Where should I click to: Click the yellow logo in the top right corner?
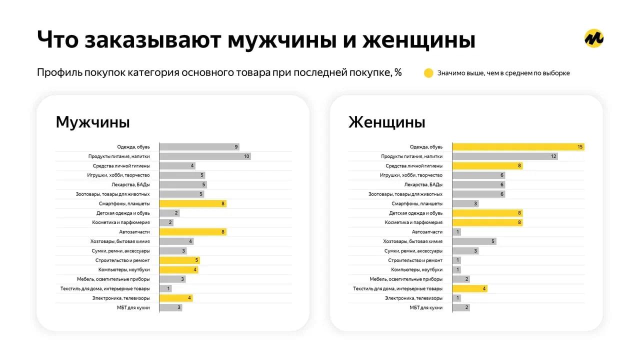(x=594, y=38)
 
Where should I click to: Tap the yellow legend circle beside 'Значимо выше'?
(x=428, y=73)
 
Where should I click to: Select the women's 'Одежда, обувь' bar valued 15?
(x=518, y=147)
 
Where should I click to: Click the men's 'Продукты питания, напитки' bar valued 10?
(x=205, y=156)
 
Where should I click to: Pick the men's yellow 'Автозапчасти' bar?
(x=192, y=232)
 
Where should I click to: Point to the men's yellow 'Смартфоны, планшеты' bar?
(x=192, y=203)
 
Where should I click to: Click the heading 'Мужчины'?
(x=92, y=122)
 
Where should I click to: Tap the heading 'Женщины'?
(x=387, y=122)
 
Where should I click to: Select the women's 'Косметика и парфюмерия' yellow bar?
(x=487, y=222)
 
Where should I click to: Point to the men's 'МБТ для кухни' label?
(x=133, y=307)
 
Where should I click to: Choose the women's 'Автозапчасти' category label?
(x=427, y=232)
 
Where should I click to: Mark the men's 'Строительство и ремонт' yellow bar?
(x=179, y=260)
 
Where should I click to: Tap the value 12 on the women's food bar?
(x=553, y=156)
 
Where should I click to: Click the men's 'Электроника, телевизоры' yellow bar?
(x=176, y=298)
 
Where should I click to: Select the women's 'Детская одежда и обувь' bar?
(x=487, y=213)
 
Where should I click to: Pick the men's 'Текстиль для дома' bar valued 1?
(x=165, y=288)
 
